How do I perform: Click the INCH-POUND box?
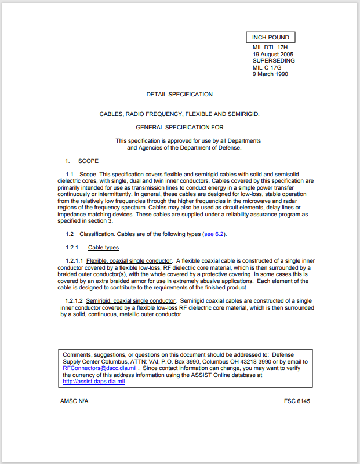click(271, 38)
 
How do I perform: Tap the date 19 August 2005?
click(273, 55)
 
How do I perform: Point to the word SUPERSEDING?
click(274, 60)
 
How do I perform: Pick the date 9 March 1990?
click(270, 74)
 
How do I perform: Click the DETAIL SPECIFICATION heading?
click(179, 94)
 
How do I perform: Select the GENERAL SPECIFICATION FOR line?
click(179, 127)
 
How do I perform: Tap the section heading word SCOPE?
click(88, 161)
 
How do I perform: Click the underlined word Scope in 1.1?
click(88, 175)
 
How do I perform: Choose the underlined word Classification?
click(97, 234)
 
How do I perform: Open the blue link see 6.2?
click(213, 234)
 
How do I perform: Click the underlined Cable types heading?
click(104, 247)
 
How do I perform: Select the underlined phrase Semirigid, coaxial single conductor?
click(130, 301)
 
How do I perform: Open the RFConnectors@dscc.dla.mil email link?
click(100, 368)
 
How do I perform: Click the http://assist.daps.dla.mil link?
click(94, 382)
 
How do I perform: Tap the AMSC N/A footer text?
click(74, 401)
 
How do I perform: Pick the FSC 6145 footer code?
click(297, 401)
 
